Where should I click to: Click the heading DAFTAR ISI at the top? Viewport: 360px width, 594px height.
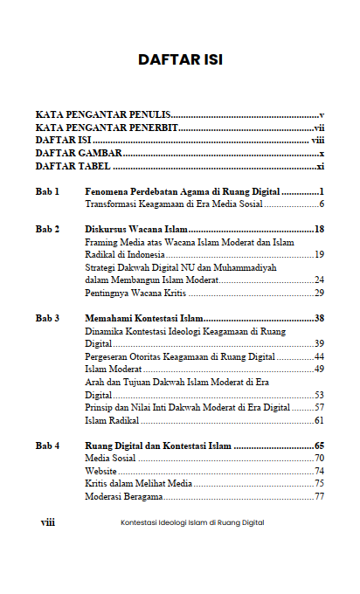click(180, 60)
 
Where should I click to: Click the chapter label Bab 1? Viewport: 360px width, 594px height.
click(47, 190)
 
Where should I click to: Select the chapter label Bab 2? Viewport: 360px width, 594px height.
click(47, 229)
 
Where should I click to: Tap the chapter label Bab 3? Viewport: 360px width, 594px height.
click(47, 318)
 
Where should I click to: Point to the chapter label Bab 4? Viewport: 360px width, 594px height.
click(47, 445)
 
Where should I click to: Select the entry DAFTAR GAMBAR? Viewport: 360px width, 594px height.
click(78, 153)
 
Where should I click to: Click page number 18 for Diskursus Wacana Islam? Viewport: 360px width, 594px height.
click(319, 229)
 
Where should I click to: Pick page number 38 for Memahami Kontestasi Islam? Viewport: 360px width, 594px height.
click(319, 318)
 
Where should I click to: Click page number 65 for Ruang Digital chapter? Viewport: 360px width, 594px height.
click(319, 445)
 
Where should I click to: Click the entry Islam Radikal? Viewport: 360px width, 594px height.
click(113, 420)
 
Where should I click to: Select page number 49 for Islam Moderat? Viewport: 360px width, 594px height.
click(319, 370)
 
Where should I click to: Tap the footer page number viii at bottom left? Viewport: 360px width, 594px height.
click(48, 522)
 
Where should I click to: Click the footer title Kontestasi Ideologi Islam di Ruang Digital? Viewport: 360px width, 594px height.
click(192, 522)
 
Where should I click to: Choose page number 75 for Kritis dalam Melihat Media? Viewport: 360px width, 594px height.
click(319, 483)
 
